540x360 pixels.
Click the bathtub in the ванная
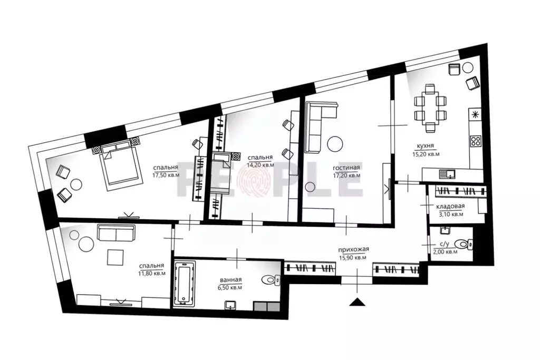pyautogui.click(x=185, y=285)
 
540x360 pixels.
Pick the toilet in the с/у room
pyautogui.click(x=465, y=244)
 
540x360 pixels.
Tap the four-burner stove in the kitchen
pyautogui.click(x=475, y=141)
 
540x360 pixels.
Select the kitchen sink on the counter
pyautogui.click(x=448, y=172)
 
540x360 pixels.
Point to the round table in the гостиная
pyautogui.click(x=335, y=143)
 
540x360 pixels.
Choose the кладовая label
pyautogui.click(x=450, y=207)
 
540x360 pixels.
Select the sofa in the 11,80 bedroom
pyautogui.click(x=116, y=232)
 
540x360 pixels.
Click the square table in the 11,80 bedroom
pyautogui.click(x=115, y=257)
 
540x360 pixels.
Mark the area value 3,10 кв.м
pyautogui.click(x=451, y=214)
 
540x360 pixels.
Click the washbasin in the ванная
pyautogui.click(x=231, y=305)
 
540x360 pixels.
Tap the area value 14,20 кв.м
pyautogui.click(x=261, y=164)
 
